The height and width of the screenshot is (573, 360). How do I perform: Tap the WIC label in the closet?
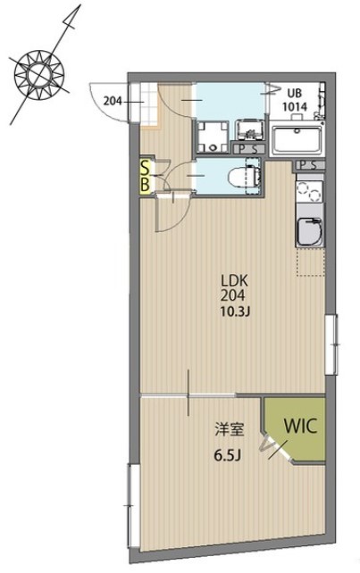(300, 426)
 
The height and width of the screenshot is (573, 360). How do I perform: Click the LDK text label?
(234, 281)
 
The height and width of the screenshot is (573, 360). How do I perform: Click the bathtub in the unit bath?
(297, 139)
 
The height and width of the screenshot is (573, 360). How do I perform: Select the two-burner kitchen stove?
(309, 192)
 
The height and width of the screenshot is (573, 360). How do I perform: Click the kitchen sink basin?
(309, 232)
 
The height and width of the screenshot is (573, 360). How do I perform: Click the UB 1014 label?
(294, 99)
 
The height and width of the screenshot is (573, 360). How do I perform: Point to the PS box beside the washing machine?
(248, 149)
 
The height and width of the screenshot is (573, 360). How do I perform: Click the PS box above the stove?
(309, 165)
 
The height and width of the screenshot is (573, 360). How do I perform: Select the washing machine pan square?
(213, 137)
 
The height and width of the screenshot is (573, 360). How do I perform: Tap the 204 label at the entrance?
(112, 101)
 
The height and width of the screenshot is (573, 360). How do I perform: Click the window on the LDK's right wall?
(331, 344)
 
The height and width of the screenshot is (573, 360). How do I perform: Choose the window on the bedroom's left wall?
(133, 505)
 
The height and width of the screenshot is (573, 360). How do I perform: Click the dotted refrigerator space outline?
(310, 262)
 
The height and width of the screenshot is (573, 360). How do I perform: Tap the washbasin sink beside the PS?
(248, 130)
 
